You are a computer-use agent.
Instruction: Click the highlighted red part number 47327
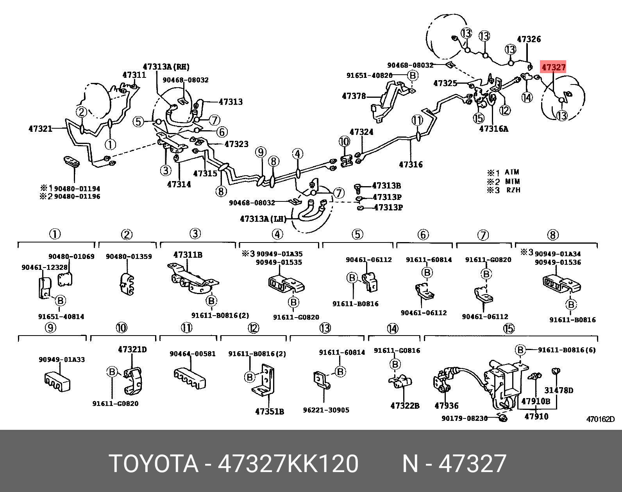(x=553, y=67)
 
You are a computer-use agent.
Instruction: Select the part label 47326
(x=529, y=39)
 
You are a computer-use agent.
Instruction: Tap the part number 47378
(x=354, y=96)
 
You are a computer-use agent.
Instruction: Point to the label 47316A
(x=493, y=129)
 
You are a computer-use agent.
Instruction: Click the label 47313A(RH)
(x=166, y=67)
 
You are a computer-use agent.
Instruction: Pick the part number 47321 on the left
(x=40, y=128)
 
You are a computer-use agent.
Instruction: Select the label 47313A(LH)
(x=263, y=219)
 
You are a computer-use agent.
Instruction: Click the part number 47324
(x=361, y=132)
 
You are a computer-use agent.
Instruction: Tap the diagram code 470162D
(x=600, y=419)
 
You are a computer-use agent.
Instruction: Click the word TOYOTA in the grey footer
(x=154, y=464)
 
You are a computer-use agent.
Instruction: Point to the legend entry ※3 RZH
(x=504, y=190)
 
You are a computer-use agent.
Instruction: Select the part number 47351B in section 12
(x=269, y=411)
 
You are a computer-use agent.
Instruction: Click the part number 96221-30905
(x=326, y=410)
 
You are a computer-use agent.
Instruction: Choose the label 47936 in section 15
(x=447, y=406)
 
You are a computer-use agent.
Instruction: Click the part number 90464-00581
(x=192, y=354)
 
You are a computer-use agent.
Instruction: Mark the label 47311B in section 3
(x=188, y=255)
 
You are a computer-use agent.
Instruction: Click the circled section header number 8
(x=552, y=235)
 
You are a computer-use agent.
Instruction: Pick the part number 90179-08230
(x=465, y=418)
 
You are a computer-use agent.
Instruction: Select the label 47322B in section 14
(x=405, y=406)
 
